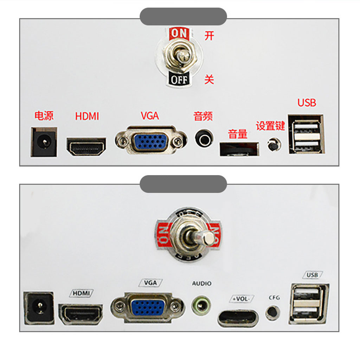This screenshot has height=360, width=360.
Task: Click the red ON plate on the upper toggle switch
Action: tap(179, 33)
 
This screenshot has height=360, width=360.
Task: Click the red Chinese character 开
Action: tap(209, 36)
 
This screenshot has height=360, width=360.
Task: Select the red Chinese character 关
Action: tap(209, 80)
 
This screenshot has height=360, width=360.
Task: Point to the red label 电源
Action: tap(44, 116)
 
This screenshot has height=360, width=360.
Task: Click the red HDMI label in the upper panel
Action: tap(87, 116)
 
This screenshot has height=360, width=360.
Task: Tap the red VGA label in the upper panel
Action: tap(150, 116)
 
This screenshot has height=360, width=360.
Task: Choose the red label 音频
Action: tap(203, 116)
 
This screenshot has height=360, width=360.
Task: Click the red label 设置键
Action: tap(270, 126)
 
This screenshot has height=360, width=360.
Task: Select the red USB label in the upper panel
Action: tap(307, 103)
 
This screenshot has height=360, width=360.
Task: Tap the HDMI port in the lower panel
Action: tap(81, 314)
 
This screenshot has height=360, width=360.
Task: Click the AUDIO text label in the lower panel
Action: tap(202, 284)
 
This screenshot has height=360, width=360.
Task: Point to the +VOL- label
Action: tap(242, 299)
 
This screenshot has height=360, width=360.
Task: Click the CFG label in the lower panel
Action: tap(274, 298)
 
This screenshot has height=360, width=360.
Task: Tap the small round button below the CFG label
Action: tap(273, 313)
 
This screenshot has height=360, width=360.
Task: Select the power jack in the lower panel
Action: tap(39, 308)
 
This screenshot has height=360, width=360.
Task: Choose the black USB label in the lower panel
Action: tap(313, 275)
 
